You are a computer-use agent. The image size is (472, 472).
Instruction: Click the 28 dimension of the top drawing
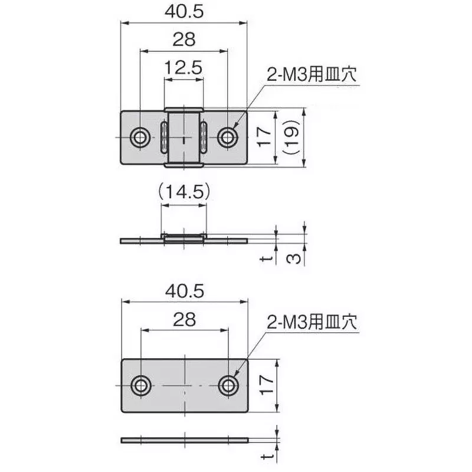pyautogui.click(x=183, y=40)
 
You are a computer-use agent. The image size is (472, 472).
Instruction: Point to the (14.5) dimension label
pyautogui.click(x=183, y=192)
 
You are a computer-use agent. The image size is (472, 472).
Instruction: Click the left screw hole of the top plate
pyautogui.click(x=140, y=137)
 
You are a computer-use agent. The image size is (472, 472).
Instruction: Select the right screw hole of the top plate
pyautogui.click(x=227, y=137)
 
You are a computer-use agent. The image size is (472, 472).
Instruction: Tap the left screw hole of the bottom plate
pyautogui.click(x=140, y=385)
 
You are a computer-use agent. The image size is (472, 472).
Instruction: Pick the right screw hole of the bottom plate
pyautogui.click(x=228, y=385)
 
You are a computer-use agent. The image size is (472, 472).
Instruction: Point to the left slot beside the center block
pyautogui.click(x=162, y=137)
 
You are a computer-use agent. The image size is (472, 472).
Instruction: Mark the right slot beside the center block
pyautogui.click(x=204, y=137)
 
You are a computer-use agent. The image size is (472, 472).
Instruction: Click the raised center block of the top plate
pyautogui.click(x=183, y=137)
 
